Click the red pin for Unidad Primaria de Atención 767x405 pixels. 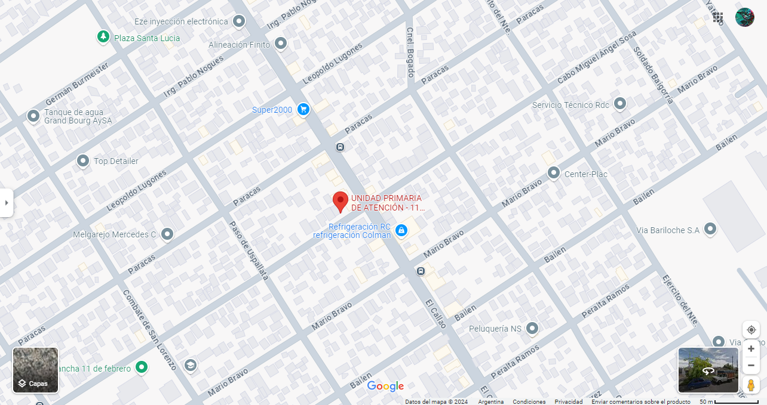(x=340, y=201)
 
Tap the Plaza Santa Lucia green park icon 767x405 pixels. (x=104, y=38)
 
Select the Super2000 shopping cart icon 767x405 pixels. (x=303, y=109)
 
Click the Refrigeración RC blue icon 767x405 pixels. (x=401, y=230)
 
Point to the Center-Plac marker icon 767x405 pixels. (x=554, y=174)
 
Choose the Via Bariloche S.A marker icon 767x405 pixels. (x=710, y=229)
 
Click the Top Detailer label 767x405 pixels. (x=116, y=161)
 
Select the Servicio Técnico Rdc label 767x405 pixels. (x=570, y=105)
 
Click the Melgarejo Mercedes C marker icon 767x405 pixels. (x=167, y=234)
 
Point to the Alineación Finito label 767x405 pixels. (x=239, y=45)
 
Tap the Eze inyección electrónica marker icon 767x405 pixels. (x=239, y=22)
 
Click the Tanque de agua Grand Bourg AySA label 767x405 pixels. (x=74, y=116)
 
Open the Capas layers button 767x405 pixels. (x=36, y=370)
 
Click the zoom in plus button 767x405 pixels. (x=751, y=349)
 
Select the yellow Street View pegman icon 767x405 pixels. (x=751, y=385)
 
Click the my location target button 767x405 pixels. (x=751, y=330)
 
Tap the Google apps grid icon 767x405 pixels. (x=718, y=17)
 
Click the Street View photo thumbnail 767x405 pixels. (x=708, y=370)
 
